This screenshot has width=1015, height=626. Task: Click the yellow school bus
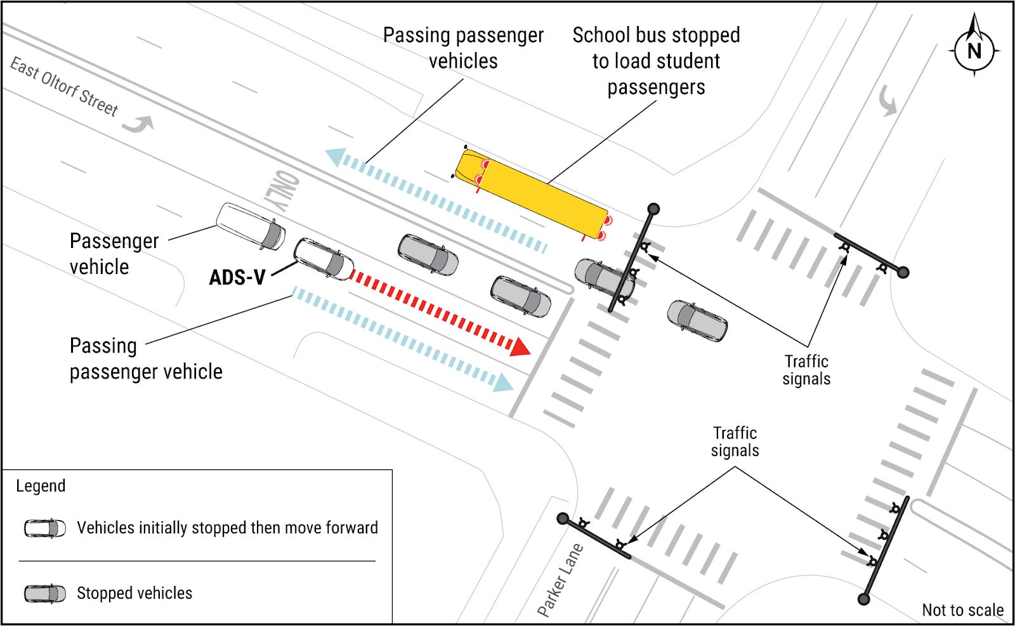tap(532, 193)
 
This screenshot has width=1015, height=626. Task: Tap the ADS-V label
tap(237, 277)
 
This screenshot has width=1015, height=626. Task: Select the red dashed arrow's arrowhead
tap(521, 346)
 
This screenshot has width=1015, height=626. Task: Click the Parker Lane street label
tap(560, 580)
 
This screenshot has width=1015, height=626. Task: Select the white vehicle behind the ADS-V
tap(250, 226)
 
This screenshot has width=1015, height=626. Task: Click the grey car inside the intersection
tap(697, 321)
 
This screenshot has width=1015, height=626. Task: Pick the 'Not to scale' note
tap(962, 610)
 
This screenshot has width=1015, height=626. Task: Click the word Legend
tap(41, 486)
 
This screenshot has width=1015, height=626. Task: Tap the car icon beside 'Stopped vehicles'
tap(45, 594)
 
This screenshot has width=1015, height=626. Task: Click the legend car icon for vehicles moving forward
tap(45, 528)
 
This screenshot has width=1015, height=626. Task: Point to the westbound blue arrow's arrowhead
tap(334, 156)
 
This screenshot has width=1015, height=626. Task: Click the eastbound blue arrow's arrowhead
tap(504, 383)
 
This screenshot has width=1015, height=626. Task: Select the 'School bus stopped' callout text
tap(656, 61)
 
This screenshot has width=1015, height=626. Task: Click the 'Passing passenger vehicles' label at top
tap(463, 48)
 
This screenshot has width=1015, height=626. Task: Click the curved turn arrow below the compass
tap(887, 101)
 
